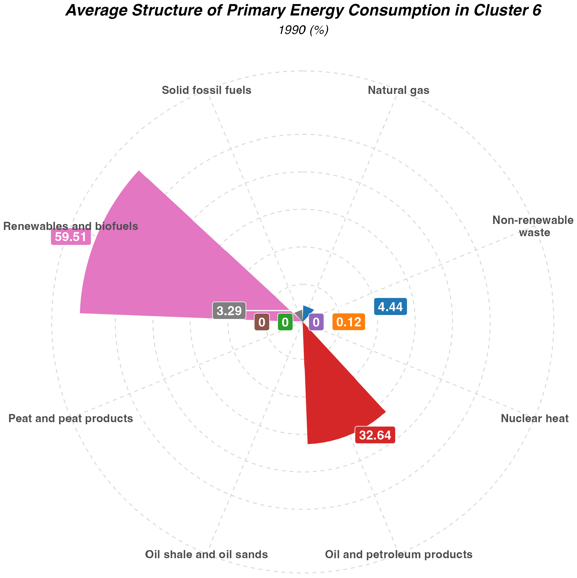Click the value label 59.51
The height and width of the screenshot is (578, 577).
coord(71,237)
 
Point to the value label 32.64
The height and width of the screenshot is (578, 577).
coord(375,435)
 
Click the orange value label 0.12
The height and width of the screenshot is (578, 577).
coord(348,322)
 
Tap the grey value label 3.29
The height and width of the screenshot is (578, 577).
coord(229,311)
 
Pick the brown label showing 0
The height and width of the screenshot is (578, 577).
coord(262,322)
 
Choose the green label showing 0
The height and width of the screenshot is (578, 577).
coord(285,322)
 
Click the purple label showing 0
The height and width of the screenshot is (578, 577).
coord(316,322)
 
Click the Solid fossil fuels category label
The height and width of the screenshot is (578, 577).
coord(206,90)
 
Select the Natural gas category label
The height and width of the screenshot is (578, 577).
coord(398,90)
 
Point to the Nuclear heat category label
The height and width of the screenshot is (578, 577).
coord(534,418)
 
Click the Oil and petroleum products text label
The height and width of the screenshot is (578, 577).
coord(398,554)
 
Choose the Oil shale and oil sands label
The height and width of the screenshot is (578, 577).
coord(206,554)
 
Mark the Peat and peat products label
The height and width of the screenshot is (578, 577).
coord(71,418)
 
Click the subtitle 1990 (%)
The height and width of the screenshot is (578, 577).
coord(303,30)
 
